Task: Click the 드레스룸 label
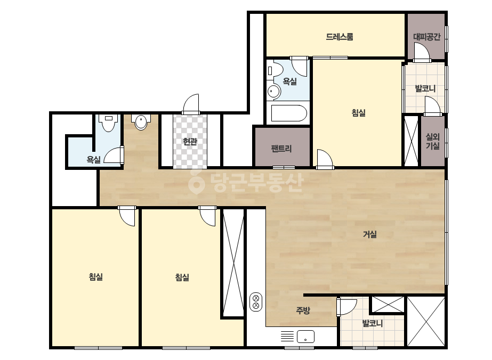(x=340, y=37)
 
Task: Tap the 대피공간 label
(x=427, y=37)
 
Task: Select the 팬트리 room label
(x=281, y=149)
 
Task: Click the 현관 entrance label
(x=190, y=142)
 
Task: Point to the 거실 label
(x=370, y=234)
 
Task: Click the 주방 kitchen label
(x=303, y=310)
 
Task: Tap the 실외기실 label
(x=432, y=141)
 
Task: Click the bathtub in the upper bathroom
(x=289, y=113)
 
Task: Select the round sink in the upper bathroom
(x=273, y=92)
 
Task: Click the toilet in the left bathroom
(x=108, y=122)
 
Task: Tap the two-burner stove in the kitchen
(x=256, y=302)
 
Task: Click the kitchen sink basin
(x=305, y=337)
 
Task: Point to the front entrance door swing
(x=191, y=104)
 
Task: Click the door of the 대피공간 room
(x=422, y=52)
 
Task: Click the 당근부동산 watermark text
(x=246, y=183)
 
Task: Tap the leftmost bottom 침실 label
(x=96, y=277)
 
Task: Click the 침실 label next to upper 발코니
(x=358, y=112)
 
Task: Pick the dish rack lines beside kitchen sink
(x=287, y=337)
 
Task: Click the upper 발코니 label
(x=425, y=88)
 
